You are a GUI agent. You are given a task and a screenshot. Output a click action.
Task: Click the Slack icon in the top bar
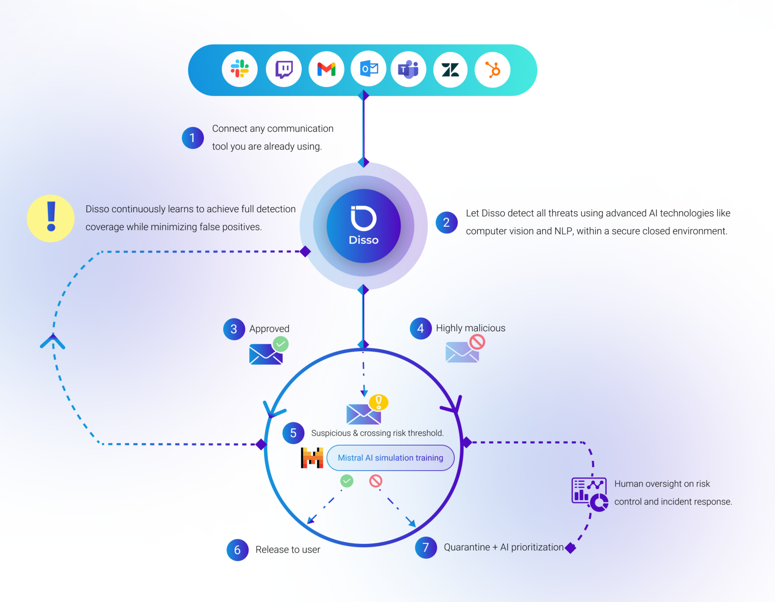point(239,69)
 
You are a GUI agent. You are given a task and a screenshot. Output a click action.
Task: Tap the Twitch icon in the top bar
point(284,69)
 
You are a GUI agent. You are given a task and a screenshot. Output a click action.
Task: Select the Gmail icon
point(326,69)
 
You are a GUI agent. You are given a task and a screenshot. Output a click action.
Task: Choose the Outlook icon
point(369,69)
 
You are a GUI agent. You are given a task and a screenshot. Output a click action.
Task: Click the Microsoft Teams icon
point(408,69)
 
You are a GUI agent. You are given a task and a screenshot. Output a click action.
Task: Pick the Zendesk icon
point(450,69)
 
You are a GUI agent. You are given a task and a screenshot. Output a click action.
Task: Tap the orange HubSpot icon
point(493,69)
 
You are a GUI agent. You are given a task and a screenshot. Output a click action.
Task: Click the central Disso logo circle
point(364,226)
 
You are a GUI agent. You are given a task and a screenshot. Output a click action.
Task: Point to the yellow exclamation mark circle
point(51,218)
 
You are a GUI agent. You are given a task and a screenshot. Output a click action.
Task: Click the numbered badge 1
point(193,138)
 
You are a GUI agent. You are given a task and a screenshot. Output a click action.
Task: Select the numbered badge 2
point(446,223)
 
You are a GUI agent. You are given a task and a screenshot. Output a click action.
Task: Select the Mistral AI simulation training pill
point(390,458)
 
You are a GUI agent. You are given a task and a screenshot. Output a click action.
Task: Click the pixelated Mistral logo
point(312,458)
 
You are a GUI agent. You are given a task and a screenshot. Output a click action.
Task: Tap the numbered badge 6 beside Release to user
point(238,550)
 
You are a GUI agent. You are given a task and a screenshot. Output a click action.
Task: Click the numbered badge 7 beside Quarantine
point(426,548)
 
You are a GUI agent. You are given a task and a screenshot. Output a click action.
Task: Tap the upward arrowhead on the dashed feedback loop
point(53,342)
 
